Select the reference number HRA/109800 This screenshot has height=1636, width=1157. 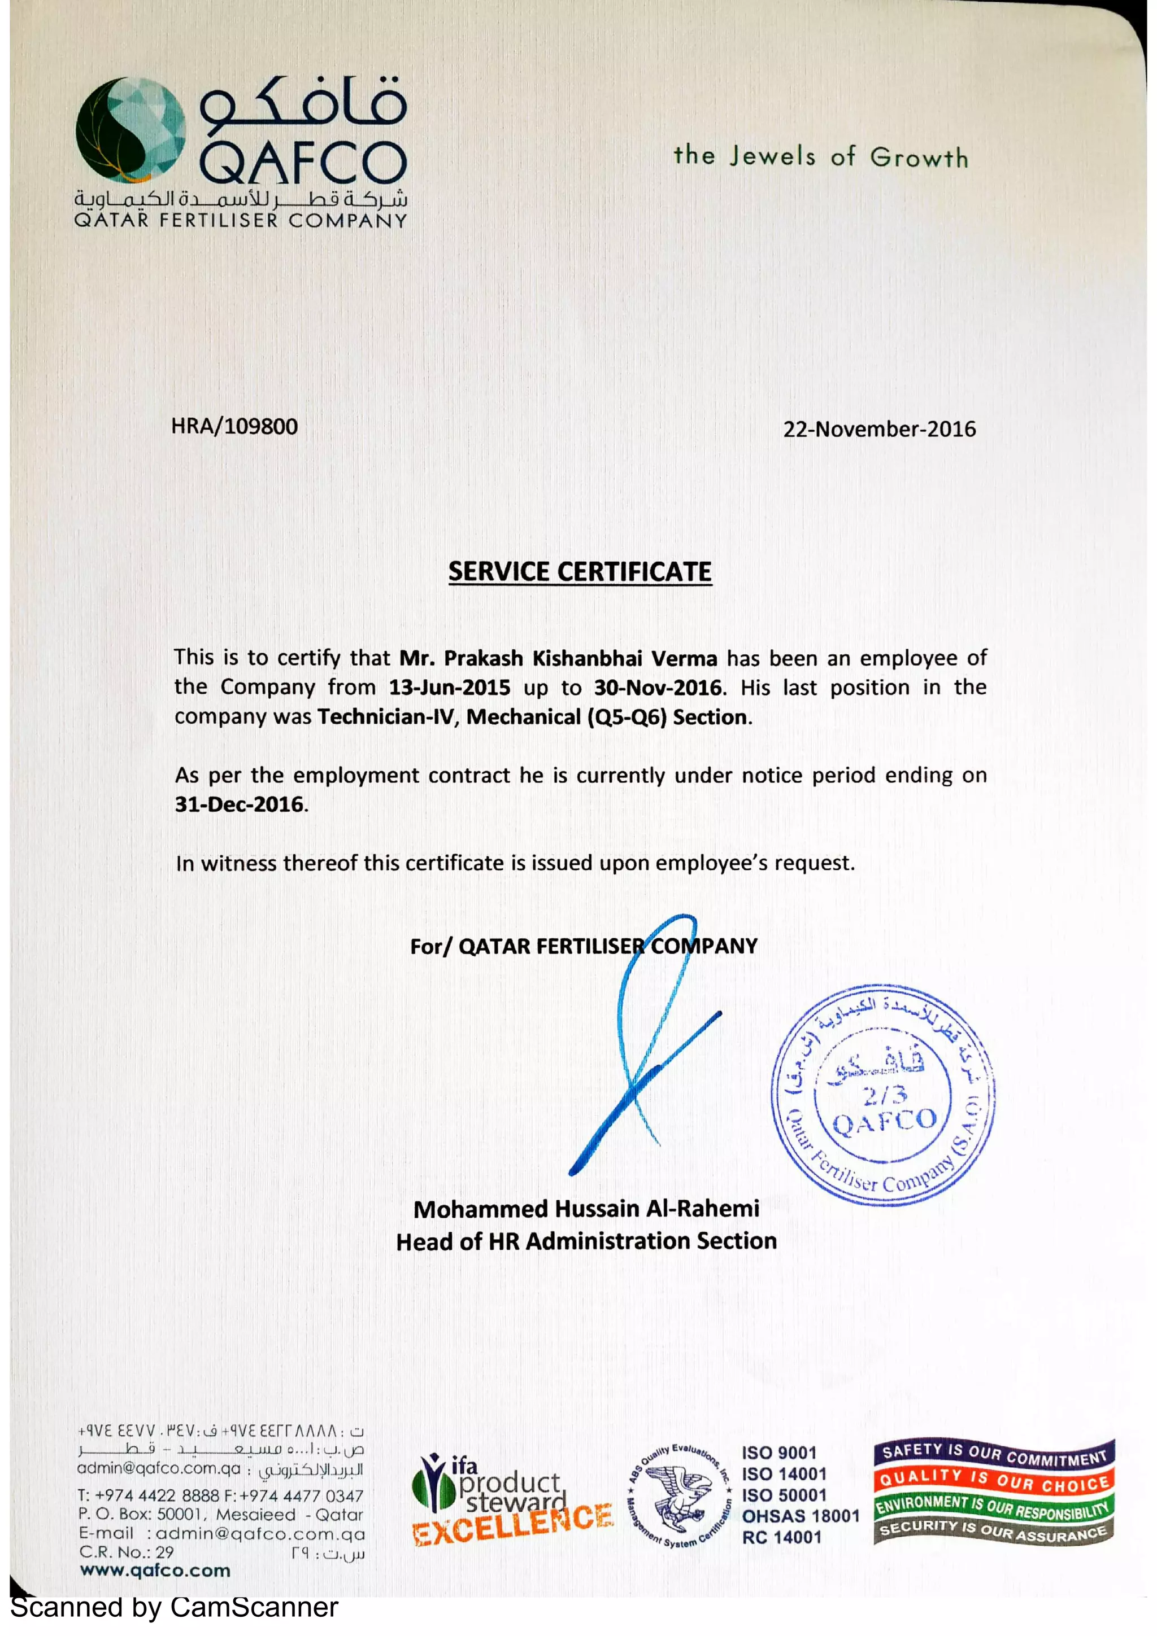pos(234,427)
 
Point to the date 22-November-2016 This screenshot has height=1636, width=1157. pos(879,429)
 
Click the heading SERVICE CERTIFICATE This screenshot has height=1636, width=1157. pos(580,571)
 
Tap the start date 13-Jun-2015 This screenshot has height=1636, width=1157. pos(449,688)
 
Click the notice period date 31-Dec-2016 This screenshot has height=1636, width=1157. pos(240,804)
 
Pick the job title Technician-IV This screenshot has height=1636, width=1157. pos(386,717)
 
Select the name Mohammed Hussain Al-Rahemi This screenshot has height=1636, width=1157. pos(586,1209)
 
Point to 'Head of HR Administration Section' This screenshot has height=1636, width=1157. pos(586,1241)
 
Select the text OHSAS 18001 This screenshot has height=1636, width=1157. pos(800,1516)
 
